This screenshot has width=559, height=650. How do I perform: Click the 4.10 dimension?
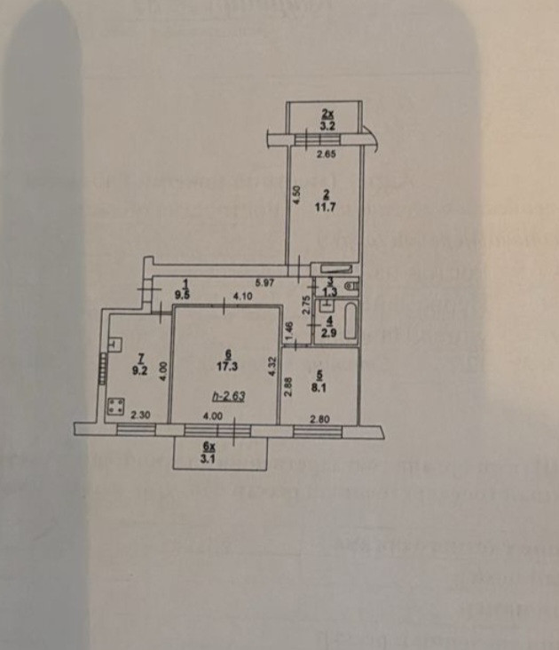[242, 296]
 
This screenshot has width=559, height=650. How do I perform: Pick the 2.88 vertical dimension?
[287, 389]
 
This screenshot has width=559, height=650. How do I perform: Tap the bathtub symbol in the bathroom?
[349, 322]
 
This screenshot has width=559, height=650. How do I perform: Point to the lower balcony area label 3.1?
[210, 459]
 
